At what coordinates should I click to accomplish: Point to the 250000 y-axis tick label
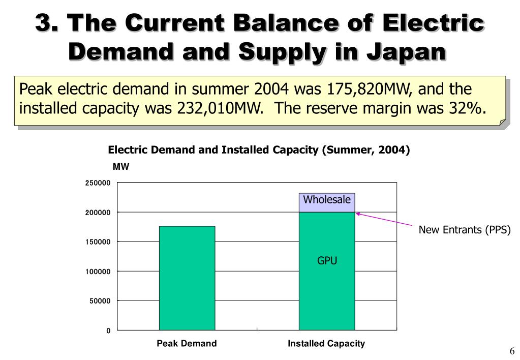click(98, 183)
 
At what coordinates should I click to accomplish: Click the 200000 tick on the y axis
click(98, 213)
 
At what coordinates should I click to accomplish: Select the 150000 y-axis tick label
click(98, 242)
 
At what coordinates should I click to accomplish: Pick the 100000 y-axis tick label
click(98, 272)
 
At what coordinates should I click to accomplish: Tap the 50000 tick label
click(100, 301)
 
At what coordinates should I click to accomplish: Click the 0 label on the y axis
click(108, 331)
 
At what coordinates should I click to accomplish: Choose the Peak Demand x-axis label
click(187, 344)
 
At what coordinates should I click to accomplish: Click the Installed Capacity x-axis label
click(326, 344)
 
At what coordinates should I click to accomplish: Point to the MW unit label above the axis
click(121, 167)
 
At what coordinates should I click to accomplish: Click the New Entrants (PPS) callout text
click(464, 230)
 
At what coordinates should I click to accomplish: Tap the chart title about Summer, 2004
click(259, 150)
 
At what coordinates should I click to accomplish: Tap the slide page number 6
click(512, 351)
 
